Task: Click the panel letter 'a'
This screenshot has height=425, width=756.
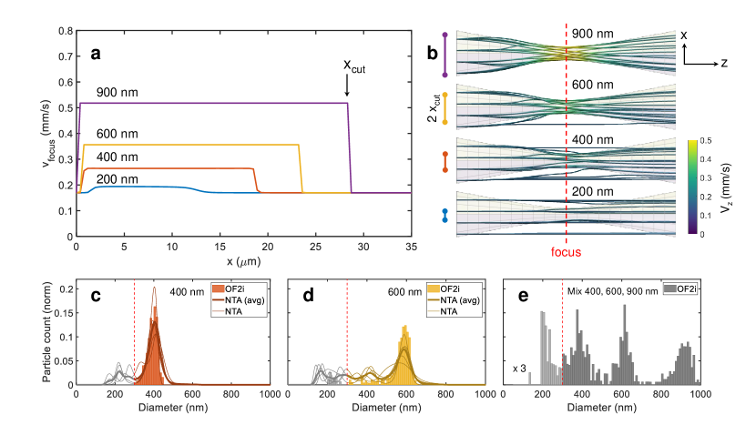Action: point(96,54)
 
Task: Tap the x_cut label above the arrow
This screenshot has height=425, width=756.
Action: point(353,66)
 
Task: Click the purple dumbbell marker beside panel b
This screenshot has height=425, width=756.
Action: point(444,55)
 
